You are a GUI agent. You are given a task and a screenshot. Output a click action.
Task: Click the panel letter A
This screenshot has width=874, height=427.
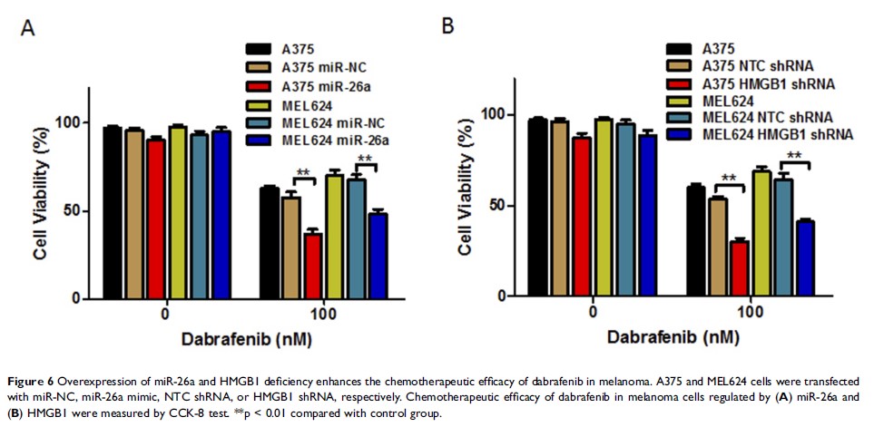click(29, 28)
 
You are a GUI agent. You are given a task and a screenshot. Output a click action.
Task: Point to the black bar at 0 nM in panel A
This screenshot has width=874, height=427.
click(112, 212)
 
